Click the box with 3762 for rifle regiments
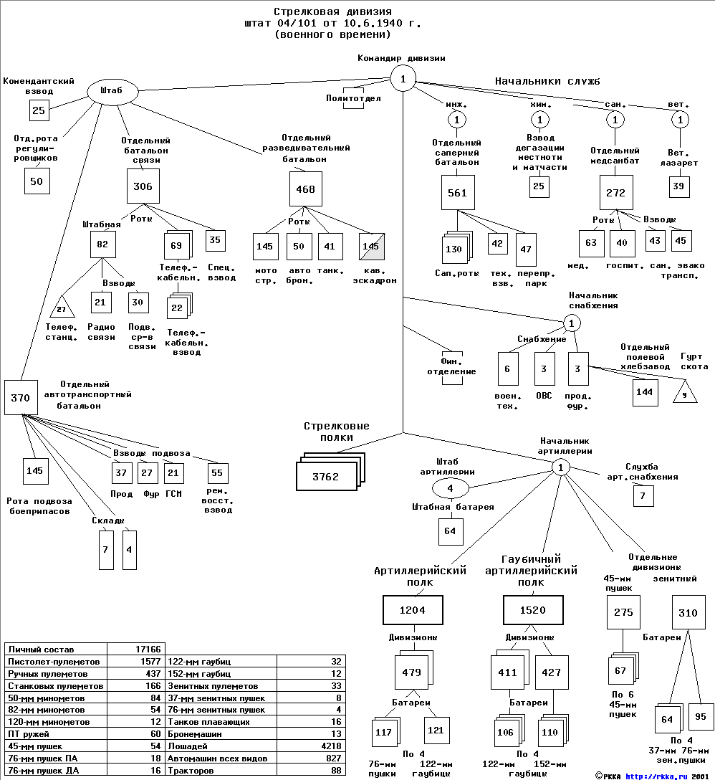(325, 476)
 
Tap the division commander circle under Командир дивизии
(403, 79)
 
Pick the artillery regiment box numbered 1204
(412, 610)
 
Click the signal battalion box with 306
(143, 186)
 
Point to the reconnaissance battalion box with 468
(305, 189)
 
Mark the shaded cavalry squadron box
(370, 247)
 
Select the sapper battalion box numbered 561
(457, 193)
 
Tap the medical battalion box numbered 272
(615, 193)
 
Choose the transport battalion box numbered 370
(20, 398)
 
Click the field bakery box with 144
(645, 391)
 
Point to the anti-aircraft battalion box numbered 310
(688, 612)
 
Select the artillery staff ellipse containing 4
(450, 489)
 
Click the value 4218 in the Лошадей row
(329, 746)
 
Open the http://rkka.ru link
(656, 775)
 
